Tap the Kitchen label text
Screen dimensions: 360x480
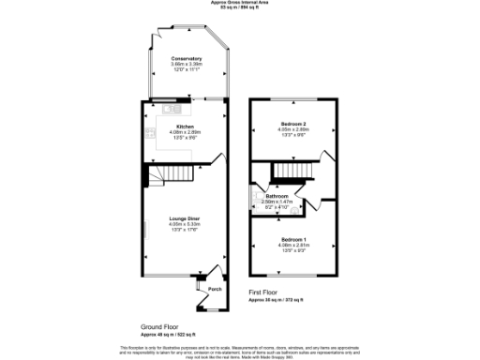(185, 127)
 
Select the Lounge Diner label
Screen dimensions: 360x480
(185, 217)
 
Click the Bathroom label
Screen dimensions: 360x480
(290, 195)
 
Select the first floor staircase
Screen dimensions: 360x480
(292, 171)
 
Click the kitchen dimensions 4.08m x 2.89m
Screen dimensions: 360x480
(185, 132)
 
